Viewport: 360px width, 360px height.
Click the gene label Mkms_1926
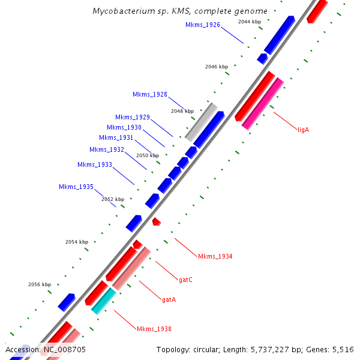point(202,25)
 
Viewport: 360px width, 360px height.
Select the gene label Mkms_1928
point(150,94)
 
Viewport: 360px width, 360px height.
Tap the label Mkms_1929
point(133,117)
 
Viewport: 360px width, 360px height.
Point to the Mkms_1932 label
point(107,149)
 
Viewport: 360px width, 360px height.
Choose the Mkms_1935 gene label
point(76,187)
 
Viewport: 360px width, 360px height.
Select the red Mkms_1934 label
point(215,256)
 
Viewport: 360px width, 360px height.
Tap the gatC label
point(185,280)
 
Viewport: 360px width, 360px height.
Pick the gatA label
point(169,299)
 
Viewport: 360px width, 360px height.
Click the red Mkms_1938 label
point(154,329)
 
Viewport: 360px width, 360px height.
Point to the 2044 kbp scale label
point(250,22)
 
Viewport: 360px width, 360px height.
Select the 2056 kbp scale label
point(40,284)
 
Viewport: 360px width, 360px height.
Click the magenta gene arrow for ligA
point(262,104)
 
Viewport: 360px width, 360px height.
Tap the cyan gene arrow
point(103,301)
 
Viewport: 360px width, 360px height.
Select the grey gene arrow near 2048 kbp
point(201,122)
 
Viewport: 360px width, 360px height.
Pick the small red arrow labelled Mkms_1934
point(156,222)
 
